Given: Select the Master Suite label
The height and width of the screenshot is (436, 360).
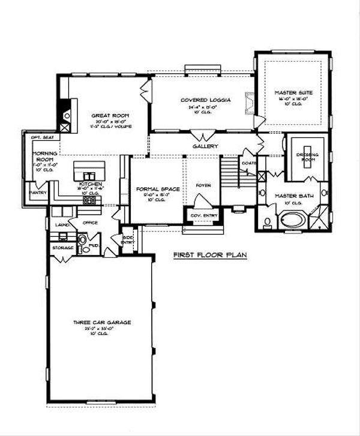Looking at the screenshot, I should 291,92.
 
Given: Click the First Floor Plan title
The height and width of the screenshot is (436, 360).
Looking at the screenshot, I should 210,254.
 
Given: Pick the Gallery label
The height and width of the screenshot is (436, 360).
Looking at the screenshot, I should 205,146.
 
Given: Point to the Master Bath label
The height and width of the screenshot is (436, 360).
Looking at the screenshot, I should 291,196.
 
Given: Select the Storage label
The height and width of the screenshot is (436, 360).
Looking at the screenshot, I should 62,248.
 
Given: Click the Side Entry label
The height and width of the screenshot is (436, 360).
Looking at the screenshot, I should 128,239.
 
